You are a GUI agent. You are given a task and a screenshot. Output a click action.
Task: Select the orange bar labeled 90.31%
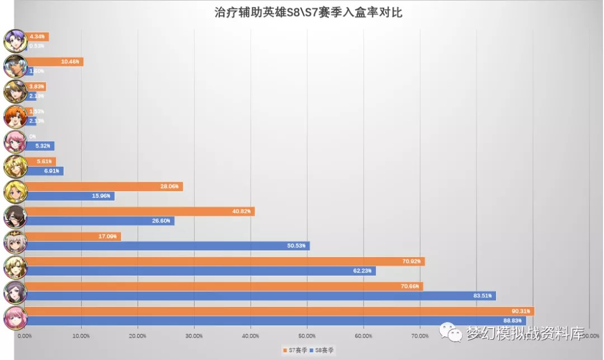pos(280,311)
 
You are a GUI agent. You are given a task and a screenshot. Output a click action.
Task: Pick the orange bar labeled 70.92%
pos(224,261)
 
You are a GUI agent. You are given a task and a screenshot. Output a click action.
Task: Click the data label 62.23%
pos(364,271)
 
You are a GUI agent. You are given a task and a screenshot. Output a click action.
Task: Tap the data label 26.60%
pos(163,221)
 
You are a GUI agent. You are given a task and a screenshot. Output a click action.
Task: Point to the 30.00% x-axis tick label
pos(194,336)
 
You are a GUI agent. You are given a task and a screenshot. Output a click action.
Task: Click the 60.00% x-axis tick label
pos(364,336)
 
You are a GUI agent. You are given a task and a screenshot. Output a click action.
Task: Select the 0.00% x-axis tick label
pos(25,336)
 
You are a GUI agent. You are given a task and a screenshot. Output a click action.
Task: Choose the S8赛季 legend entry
pos(324,350)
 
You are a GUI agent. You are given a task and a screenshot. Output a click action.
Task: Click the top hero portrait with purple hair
pos(15,41)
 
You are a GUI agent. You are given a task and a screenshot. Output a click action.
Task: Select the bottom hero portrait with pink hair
pos(15,317)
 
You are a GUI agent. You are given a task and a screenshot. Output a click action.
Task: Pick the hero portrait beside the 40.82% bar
pos(15,216)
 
